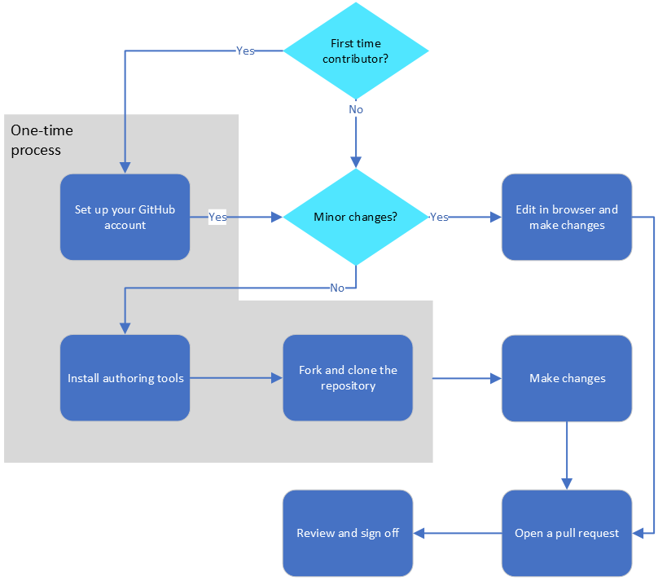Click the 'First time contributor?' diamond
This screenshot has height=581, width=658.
coord(356,51)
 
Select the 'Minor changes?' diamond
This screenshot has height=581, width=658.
coord(356,217)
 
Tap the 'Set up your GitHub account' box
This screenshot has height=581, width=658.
coord(125,217)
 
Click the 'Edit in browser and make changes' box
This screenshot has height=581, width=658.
coord(567,217)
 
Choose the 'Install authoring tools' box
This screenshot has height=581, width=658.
coord(125,378)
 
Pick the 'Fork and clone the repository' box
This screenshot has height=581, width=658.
coord(348,378)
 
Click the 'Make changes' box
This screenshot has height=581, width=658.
coord(567,378)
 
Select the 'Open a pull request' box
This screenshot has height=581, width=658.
coord(567,533)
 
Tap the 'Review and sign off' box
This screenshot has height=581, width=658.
coord(348,533)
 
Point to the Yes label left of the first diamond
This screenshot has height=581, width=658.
coord(245,51)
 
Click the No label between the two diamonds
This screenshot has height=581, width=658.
coord(356,109)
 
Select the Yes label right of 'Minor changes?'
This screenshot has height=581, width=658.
coord(439,217)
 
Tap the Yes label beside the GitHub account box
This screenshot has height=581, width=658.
coord(217,217)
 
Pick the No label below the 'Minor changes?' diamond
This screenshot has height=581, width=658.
coord(337,288)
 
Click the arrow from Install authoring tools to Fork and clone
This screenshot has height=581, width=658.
coord(236,378)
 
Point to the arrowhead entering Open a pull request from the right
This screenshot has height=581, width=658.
coord(638,533)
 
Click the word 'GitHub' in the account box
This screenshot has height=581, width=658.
coord(156,209)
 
